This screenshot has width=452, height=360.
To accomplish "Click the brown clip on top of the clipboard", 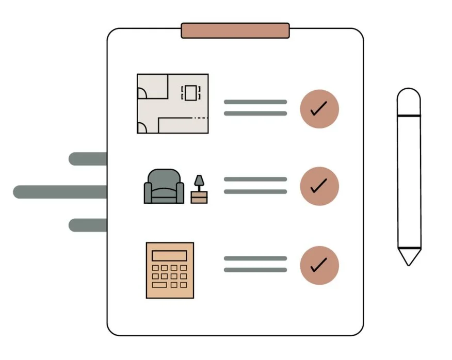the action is pyautogui.click(x=235, y=30).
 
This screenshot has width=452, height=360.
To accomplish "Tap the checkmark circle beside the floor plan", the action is pyautogui.click(x=319, y=109).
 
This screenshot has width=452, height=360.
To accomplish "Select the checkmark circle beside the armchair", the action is pyautogui.click(x=319, y=186).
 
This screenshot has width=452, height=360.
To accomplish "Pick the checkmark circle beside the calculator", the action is pyautogui.click(x=319, y=265).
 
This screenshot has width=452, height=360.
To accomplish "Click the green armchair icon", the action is pyautogui.click(x=164, y=187).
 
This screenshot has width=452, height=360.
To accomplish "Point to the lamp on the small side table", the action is pyautogui.click(x=199, y=182).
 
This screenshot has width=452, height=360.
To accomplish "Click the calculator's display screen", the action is pyautogui.click(x=169, y=256).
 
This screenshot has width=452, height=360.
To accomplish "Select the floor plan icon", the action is pyautogui.click(x=172, y=104).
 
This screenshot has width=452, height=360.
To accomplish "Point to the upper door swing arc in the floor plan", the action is pyautogui.click(x=143, y=92).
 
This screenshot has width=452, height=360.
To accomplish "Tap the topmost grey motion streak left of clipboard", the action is pyautogui.click(x=88, y=159).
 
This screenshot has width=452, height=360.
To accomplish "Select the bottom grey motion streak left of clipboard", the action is pyautogui.click(x=88, y=225).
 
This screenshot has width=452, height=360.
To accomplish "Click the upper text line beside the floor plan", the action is pyautogui.click(x=255, y=102).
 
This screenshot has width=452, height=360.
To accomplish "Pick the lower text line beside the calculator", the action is pyautogui.click(x=255, y=270).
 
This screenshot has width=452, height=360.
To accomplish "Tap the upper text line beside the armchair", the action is pyautogui.click(x=255, y=179).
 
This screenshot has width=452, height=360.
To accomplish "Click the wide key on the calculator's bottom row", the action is pyautogui.click(x=159, y=285).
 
